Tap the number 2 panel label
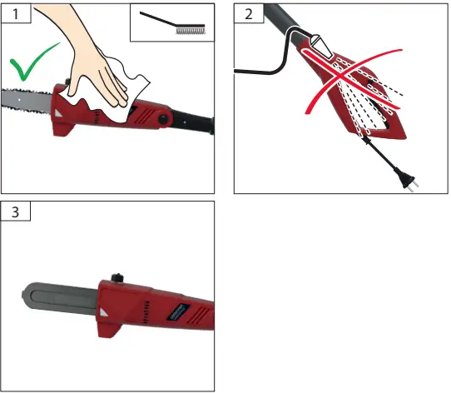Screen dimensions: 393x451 click(x=247, y=14)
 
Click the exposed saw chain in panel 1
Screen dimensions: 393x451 click(x=25, y=101)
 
